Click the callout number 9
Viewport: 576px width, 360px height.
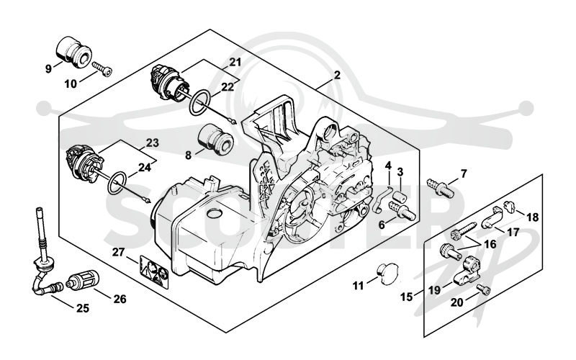(48, 68)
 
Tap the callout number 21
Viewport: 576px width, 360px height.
(235, 63)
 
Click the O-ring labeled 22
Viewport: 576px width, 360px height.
(199, 103)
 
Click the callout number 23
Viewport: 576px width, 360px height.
(152, 143)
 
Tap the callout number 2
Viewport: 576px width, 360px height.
(337, 76)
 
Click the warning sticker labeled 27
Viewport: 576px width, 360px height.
(154, 272)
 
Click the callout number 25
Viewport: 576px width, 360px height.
(83, 308)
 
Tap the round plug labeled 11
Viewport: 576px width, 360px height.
(388, 274)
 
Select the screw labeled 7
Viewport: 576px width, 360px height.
(441, 187)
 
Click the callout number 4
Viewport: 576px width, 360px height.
(388, 166)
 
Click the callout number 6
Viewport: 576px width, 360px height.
(382, 225)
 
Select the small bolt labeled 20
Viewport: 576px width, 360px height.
(484, 290)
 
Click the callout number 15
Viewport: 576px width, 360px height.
(407, 297)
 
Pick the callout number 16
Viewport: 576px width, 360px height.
(490, 244)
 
